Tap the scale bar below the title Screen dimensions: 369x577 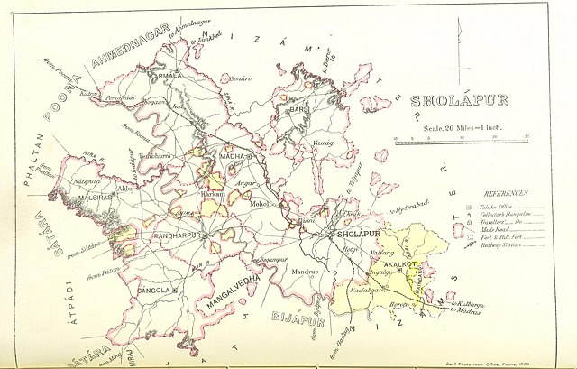click(461, 138)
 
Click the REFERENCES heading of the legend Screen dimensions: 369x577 click(508, 194)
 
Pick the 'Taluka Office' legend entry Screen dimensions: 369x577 click(495, 204)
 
